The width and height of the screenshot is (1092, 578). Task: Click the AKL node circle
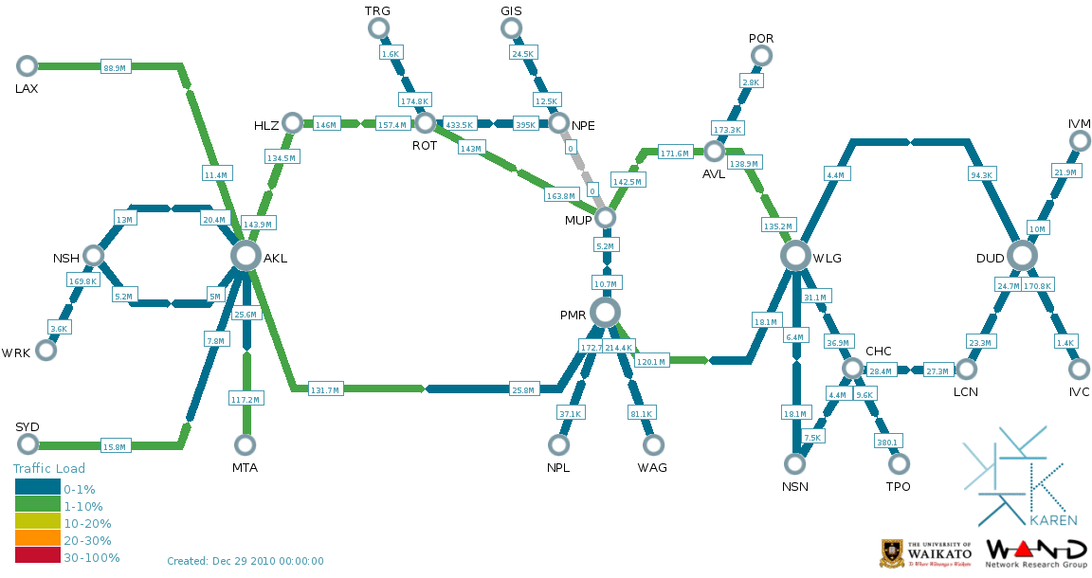[246, 255]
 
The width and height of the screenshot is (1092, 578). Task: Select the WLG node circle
[795, 255]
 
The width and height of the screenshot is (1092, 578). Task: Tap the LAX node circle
[27, 65]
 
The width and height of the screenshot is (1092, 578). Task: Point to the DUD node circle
[1022, 255]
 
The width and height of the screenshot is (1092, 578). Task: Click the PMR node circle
[605, 312]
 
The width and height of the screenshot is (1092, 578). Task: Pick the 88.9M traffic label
[115, 67]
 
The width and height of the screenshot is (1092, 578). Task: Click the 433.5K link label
[459, 124]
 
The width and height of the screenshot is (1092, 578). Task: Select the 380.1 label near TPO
[887, 441]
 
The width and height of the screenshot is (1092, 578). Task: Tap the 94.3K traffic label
[981, 175]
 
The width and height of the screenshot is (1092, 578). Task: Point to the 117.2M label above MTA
[246, 399]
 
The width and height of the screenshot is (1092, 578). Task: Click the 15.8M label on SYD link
[115, 446]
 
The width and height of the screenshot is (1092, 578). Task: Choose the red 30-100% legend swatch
[38, 557]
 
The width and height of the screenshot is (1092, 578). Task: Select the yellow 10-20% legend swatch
[38, 522]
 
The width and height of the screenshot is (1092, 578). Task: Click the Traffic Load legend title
[49, 468]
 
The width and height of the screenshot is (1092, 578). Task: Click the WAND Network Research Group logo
[1036, 553]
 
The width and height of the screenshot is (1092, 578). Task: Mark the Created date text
[246, 561]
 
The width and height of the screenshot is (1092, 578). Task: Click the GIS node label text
[511, 10]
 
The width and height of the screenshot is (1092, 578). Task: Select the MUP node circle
[605, 218]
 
